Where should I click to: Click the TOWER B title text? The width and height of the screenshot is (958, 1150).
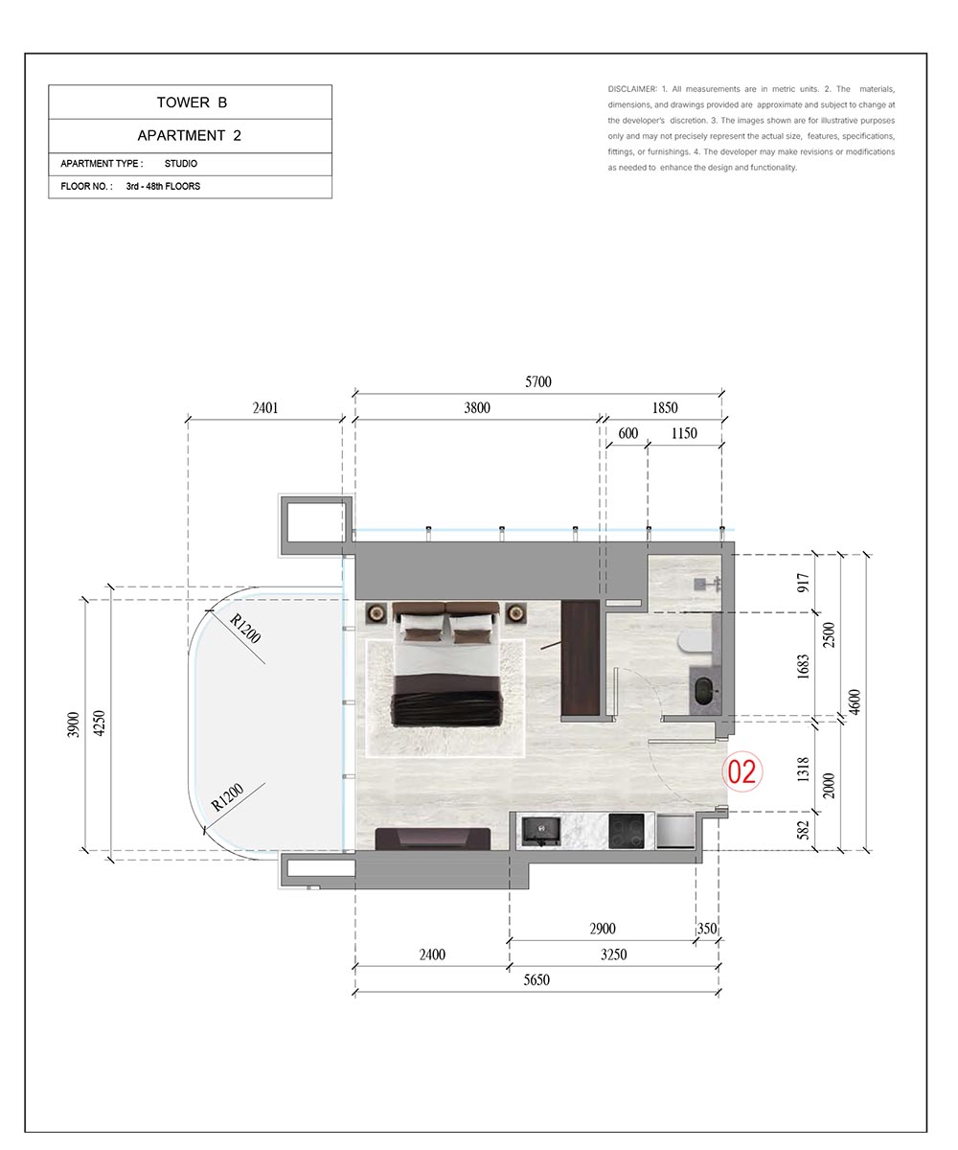click(192, 103)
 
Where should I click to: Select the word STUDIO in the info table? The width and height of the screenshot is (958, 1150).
click(181, 164)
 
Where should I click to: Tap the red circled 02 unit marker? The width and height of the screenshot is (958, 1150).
click(741, 771)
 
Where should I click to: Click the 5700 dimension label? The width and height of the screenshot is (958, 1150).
click(537, 381)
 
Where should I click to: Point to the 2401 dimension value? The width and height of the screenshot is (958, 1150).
click(264, 407)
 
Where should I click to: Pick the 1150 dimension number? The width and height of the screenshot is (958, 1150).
click(684, 433)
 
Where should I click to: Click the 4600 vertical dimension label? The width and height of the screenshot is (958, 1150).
click(854, 702)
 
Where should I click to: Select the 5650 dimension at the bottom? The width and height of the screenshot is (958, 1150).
click(536, 979)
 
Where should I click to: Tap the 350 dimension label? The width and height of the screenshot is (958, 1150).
click(707, 929)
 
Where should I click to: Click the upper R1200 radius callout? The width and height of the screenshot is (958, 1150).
click(244, 629)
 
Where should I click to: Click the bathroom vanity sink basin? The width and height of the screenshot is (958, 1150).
click(703, 692)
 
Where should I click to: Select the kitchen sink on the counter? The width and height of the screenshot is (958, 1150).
click(541, 831)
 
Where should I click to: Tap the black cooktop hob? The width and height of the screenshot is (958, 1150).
click(626, 831)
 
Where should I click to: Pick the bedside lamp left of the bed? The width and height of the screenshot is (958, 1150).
click(376, 612)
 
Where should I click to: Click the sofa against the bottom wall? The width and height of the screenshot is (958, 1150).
click(432, 839)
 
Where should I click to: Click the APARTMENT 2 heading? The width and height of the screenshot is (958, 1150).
click(190, 135)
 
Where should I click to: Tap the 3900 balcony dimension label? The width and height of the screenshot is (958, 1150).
click(73, 724)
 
